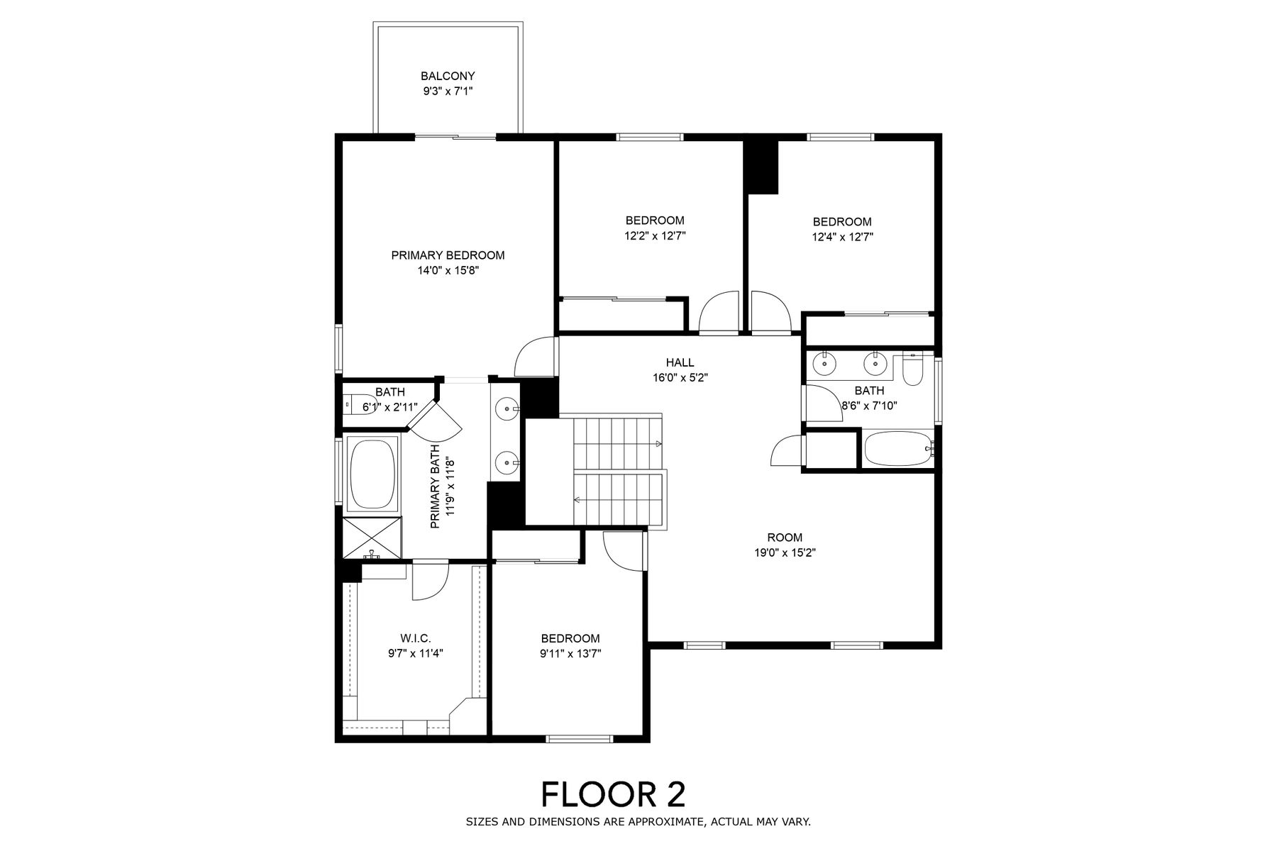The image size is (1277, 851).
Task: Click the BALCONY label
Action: pyautogui.click(x=448, y=76)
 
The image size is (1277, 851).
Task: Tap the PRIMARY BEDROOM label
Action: pyautogui.click(x=448, y=255)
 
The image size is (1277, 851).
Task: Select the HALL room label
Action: pyautogui.click(x=680, y=362)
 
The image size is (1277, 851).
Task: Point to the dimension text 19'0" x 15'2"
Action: pyautogui.click(x=785, y=553)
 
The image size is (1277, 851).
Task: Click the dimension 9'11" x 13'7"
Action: pyautogui.click(x=570, y=654)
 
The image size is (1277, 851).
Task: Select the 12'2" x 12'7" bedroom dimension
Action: pyautogui.click(x=655, y=235)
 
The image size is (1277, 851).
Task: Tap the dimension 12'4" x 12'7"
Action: pyautogui.click(x=842, y=237)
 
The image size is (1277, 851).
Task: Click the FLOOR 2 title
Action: pyautogui.click(x=614, y=794)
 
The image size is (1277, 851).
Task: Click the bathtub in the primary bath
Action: pyautogui.click(x=372, y=474)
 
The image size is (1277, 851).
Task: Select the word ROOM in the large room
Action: pyautogui.click(x=785, y=538)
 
